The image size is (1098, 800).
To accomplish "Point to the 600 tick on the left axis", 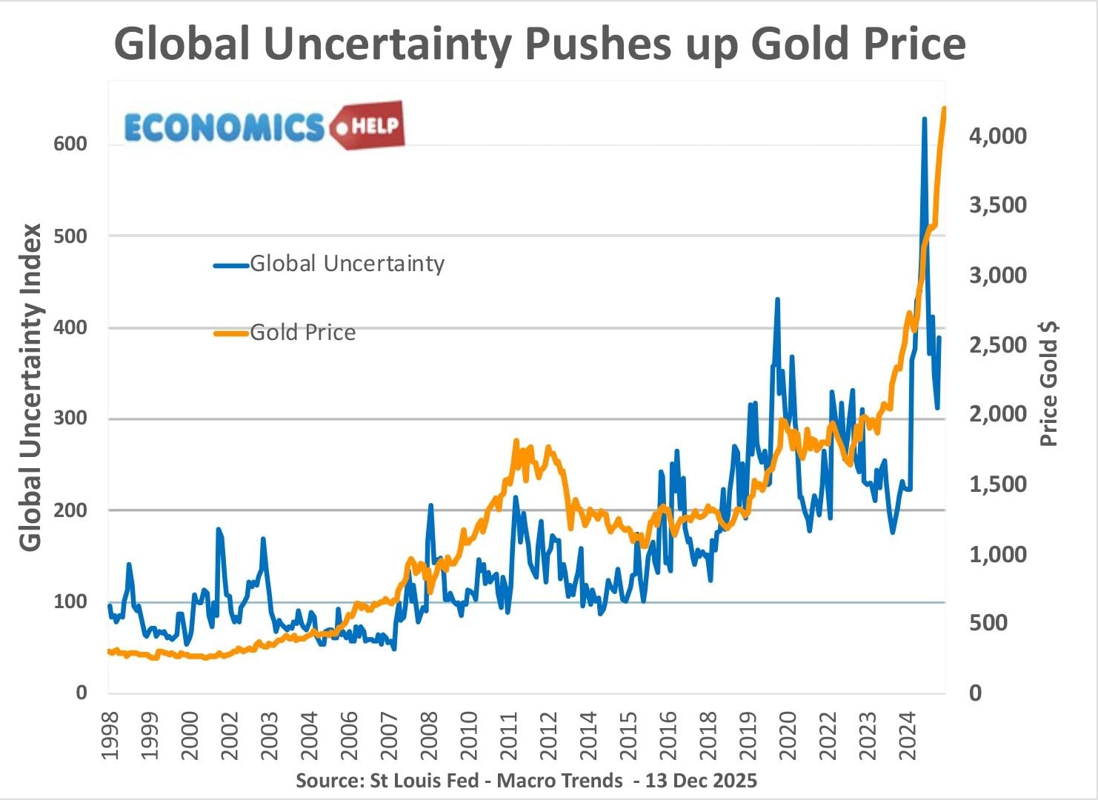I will point(70,144).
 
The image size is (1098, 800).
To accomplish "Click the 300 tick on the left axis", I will point(70,419).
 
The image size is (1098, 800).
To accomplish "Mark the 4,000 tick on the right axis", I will point(998,136).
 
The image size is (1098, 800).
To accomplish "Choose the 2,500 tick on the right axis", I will point(998,344).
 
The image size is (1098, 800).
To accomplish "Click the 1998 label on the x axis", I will point(110,736).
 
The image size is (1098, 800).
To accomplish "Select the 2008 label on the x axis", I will point(429,736).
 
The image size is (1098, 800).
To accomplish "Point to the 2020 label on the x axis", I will point(788,736).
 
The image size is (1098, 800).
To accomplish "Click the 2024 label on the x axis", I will point(908,736).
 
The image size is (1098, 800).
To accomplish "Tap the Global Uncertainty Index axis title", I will point(30,387).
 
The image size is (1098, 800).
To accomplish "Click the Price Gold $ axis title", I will point(1049,384).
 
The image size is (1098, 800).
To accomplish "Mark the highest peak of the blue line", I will point(924,118).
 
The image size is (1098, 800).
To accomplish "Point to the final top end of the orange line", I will point(944,109).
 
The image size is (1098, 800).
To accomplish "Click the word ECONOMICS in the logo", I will point(224,127).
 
